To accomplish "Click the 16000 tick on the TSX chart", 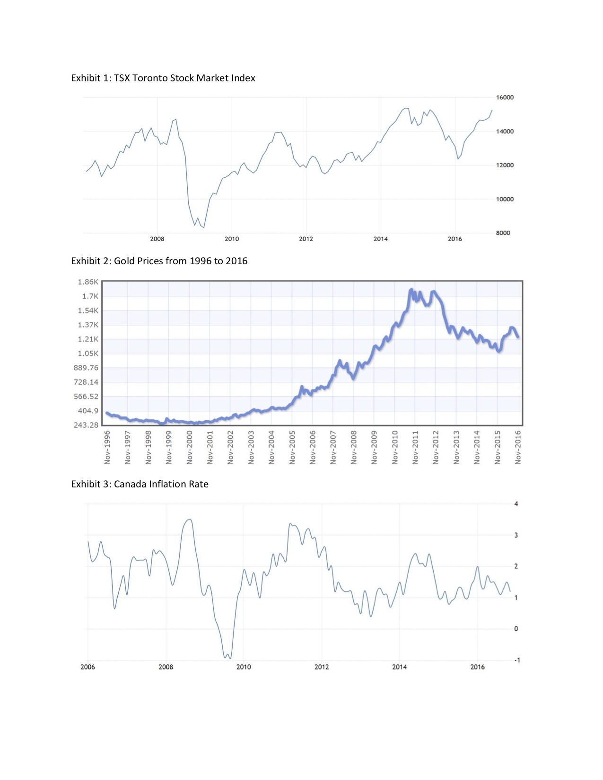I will click(504, 97).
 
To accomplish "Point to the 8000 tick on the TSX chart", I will click(503, 233).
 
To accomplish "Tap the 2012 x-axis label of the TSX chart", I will click(306, 239).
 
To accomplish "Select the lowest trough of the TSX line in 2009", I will click(203, 228).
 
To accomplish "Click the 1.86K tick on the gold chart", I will click(88, 282).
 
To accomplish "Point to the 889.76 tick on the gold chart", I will click(86, 368).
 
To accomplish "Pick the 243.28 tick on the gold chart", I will click(86, 425).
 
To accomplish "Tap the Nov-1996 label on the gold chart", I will click(107, 447).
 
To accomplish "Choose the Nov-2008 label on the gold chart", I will click(354, 447).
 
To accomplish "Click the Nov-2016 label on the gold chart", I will click(518, 447).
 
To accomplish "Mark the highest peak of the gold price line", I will click(411, 289).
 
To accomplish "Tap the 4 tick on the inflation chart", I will click(516, 504).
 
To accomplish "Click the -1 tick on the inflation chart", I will click(516, 660).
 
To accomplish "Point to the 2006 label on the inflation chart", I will click(87, 667).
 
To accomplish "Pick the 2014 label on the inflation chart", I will click(399, 667).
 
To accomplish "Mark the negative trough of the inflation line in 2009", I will click(225, 658).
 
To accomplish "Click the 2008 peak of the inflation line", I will click(190, 520).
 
